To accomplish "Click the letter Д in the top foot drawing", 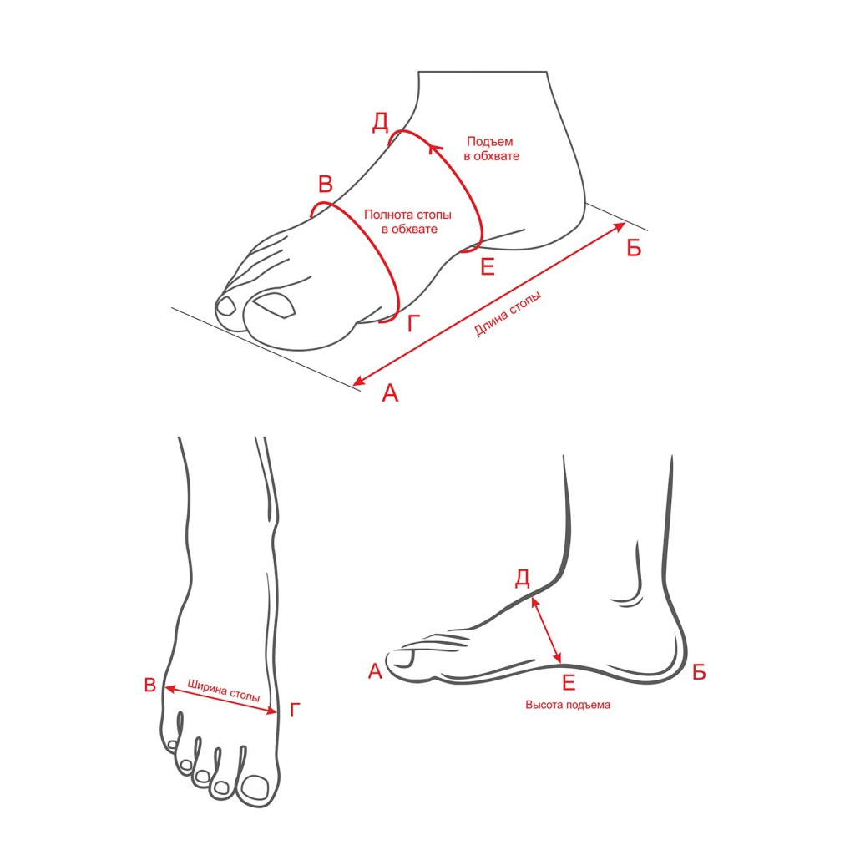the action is click(x=381, y=122).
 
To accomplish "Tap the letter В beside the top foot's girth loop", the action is click(x=326, y=185).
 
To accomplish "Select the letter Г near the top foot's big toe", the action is click(x=414, y=323).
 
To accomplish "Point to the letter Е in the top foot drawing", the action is click(x=488, y=267).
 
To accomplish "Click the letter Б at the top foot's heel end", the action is click(x=634, y=248).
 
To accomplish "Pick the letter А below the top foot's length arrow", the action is click(x=391, y=392).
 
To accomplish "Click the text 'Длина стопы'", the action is click(x=508, y=314).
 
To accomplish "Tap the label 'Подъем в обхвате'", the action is click(x=491, y=149).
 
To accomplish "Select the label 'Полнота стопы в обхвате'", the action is click(x=407, y=222).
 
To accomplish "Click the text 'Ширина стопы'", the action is click(x=224, y=690).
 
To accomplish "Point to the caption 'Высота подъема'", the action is click(x=568, y=705).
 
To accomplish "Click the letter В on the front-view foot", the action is click(x=150, y=685).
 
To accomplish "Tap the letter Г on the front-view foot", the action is click(x=295, y=710).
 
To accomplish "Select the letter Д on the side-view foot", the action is click(x=523, y=578).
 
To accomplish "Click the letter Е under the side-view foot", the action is click(x=569, y=682).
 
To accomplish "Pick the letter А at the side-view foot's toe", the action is click(x=375, y=671).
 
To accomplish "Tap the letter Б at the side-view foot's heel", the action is click(x=699, y=672).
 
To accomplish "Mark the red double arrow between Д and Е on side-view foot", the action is click(x=546, y=630).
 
